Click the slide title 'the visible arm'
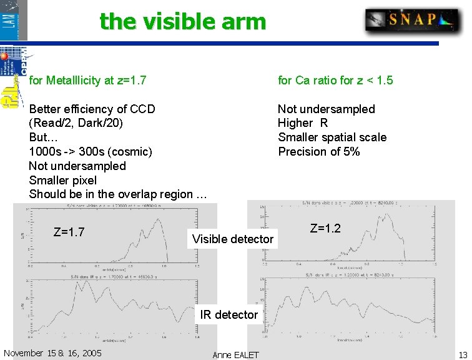pos(182,21)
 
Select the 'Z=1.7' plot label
pos(69,232)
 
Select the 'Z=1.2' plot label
pos(325,229)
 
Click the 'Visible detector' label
pos(233,239)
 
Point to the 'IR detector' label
pos(229,314)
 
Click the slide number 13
pos(463,354)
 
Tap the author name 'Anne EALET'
pos(235,355)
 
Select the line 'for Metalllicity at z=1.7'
pos(88,81)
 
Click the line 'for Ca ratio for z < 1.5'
pos(335,81)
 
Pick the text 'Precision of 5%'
pos(318,151)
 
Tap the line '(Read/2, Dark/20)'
pos(76,123)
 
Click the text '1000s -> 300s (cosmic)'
pos(91,151)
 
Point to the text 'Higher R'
pos(303,123)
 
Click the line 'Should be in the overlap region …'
pos(118,194)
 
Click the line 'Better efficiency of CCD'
pos(92,109)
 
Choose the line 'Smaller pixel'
pos(63,180)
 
